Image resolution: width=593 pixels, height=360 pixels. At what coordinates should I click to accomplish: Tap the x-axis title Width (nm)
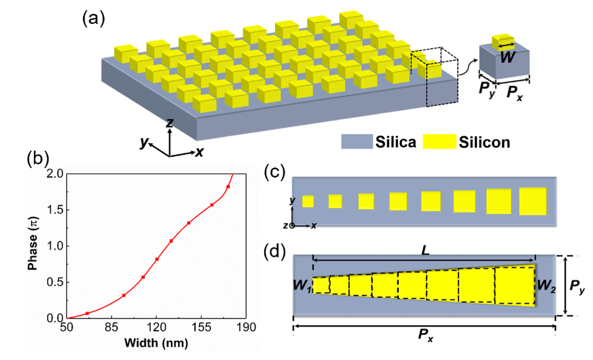pyautogui.click(x=157, y=344)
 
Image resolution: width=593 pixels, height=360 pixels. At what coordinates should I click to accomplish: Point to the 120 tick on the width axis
pyautogui.click(x=156, y=327)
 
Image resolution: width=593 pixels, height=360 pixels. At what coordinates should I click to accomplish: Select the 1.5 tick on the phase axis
pyautogui.click(x=54, y=210)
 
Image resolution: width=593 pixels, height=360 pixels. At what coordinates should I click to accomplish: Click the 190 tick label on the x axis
pyautogui.click(x=246, y=327)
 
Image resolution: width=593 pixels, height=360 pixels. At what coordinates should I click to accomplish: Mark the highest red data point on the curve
pyautogui.click(x=228, y=187)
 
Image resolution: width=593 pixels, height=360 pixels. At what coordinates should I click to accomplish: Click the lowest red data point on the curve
pyautogui.click(x=87, y=313)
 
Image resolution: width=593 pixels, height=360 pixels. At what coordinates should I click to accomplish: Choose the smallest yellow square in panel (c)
pyautogui.click(x=308, y=201)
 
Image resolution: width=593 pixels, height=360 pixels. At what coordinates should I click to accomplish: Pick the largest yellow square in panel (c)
pyautogui.click(x=532, y=201)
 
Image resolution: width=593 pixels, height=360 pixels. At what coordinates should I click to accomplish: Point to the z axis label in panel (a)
pyautogui.click(x=170, y=123)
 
